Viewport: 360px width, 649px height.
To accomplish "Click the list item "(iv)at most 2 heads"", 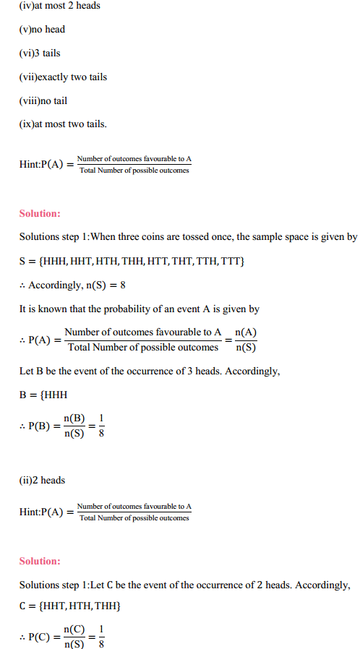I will (60, 6).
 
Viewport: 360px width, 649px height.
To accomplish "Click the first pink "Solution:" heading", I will (40, 213).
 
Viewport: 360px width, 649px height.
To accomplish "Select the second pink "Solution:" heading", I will (40, 562).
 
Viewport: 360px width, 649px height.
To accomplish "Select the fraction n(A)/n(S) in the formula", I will (246, 339).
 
